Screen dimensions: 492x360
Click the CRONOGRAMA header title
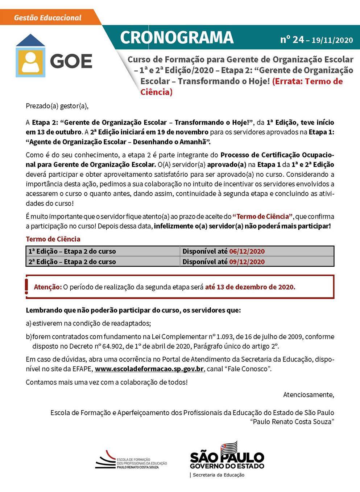coord(177,37)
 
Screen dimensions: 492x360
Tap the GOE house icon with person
coord(30,56)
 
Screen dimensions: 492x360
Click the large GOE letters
coord(71,61)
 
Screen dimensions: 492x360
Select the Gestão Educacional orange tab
coord(47,17)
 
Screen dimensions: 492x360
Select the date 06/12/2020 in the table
coord(247,251)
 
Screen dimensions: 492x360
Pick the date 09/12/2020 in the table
coord(247,262)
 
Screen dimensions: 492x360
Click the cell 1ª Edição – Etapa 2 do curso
coord(72,251)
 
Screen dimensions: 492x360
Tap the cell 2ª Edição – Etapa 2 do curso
coord(72,262)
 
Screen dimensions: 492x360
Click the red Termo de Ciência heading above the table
coord(53,239)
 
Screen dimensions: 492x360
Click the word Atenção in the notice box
coord(48,287)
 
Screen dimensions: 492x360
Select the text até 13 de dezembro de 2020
coord(250,287)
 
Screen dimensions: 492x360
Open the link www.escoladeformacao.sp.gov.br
coord(149,369)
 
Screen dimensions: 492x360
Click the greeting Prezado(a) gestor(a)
coord(57,106)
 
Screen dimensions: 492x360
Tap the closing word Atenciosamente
coord(309,394)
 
